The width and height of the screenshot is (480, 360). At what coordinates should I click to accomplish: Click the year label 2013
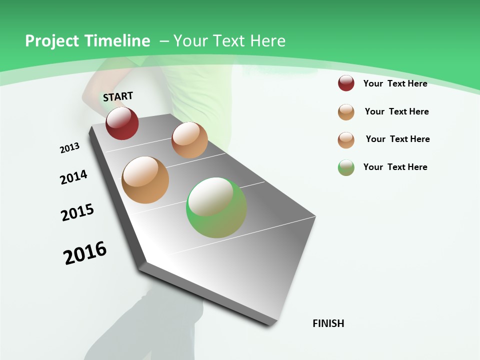pos(69,148)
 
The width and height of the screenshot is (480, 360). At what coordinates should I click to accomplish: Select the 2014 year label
pos(73,177)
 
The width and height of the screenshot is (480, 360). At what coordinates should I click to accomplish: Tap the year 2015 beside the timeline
pos(77,212)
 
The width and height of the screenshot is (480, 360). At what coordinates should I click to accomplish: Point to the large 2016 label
pos(85,253)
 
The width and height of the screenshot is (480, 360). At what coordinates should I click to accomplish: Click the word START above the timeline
pos(118,96)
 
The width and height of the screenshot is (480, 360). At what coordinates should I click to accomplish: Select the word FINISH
pos(328,323)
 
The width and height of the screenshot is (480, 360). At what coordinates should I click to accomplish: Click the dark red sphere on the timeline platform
pos(122,123)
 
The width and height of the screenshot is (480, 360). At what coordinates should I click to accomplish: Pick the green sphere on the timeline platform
pos(216,207)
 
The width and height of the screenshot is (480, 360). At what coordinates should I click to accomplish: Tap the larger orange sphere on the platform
pos(145,180)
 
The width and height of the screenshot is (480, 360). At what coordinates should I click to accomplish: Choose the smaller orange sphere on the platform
pos(189,140)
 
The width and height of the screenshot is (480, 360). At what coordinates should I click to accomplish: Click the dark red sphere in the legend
pos(346,83)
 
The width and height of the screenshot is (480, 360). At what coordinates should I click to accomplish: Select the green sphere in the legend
pos(346,167)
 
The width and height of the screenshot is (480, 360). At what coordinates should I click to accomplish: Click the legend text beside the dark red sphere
pos(395,83)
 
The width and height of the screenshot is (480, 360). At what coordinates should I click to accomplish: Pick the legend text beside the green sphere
pos(395,167)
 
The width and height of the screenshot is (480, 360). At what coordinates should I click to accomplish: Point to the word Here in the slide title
pos(267,41)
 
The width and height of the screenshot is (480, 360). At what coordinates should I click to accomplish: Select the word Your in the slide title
pos(191,41)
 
